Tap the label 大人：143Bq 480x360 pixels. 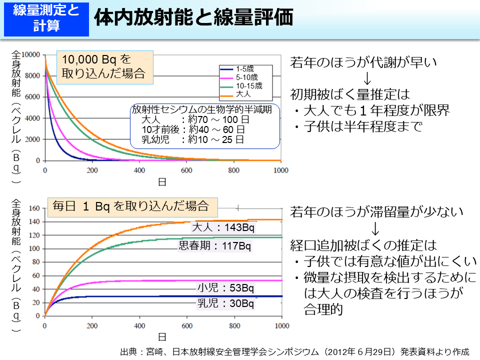pos(223,228)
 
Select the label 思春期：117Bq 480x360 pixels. pos(215,246)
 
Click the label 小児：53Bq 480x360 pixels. pos(225,288)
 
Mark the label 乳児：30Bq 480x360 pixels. pos(225,303)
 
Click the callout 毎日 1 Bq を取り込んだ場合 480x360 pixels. pos(130,205)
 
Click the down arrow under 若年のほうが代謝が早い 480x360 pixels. pos(367,78)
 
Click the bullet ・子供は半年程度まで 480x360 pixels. pos(357,126)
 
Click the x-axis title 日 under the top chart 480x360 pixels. pos(162,182)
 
